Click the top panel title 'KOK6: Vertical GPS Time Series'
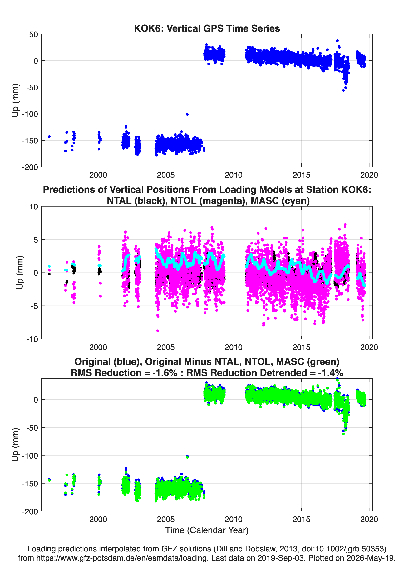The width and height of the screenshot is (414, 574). pyautogui.click(x=207, y=28)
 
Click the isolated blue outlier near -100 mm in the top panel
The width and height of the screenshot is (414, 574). pyautogui.click(x=187, y=114)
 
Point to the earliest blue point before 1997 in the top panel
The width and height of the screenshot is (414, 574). pyautogui.click(x=49, y=137)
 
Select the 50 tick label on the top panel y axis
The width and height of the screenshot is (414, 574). pyautogui.click(x=34, y=34)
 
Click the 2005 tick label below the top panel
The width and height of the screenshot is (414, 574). pyautogui.click(x=166, y=175)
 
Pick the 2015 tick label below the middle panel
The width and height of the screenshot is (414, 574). pyautogui.click(x=301, y=347)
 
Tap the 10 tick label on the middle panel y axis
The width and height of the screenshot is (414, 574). pyautogui.click(x=34, y=207)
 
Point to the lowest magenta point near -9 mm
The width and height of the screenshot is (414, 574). pyautogui.click(x=158, y=331)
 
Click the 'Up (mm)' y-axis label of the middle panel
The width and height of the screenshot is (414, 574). pyautogui.click(x=19, y=273)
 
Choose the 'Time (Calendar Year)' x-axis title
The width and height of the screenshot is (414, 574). pyautogui.click(x=207, y=530)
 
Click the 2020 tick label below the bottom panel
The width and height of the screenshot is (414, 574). pyautogui.click(x=369, y=519)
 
